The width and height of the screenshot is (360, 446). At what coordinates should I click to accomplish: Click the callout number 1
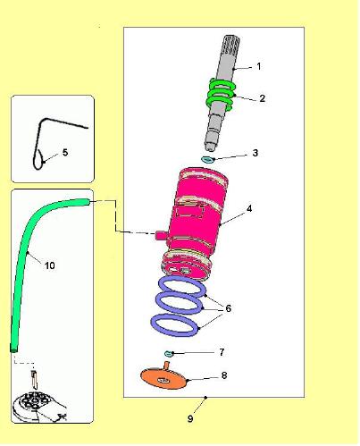(259, 66)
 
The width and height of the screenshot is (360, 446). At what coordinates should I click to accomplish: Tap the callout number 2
(262, 98)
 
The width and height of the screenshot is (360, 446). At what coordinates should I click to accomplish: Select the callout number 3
(255, 153)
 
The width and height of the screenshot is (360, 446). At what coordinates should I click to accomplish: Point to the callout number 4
(249, 208)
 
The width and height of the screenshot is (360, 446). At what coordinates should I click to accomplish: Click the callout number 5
(65, 153)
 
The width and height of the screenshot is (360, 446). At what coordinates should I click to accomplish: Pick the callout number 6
(228, 308)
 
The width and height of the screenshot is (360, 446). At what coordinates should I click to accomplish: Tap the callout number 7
(222, 352)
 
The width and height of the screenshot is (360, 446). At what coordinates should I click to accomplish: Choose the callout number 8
(224, 375)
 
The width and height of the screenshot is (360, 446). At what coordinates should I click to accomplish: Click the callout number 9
(190, 418)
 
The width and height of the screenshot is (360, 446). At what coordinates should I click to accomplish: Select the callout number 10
(50, 265)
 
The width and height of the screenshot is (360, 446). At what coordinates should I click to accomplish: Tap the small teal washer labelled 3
(207, 160)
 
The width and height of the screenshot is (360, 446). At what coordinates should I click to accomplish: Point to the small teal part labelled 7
(169, 354)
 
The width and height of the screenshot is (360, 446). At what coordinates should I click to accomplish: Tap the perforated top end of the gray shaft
(231, 44)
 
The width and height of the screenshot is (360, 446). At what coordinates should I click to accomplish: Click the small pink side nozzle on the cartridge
(161, 235)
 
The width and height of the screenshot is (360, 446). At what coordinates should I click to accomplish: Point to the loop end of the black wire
(38, 159)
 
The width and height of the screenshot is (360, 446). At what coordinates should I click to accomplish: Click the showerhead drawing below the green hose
(38, 405)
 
